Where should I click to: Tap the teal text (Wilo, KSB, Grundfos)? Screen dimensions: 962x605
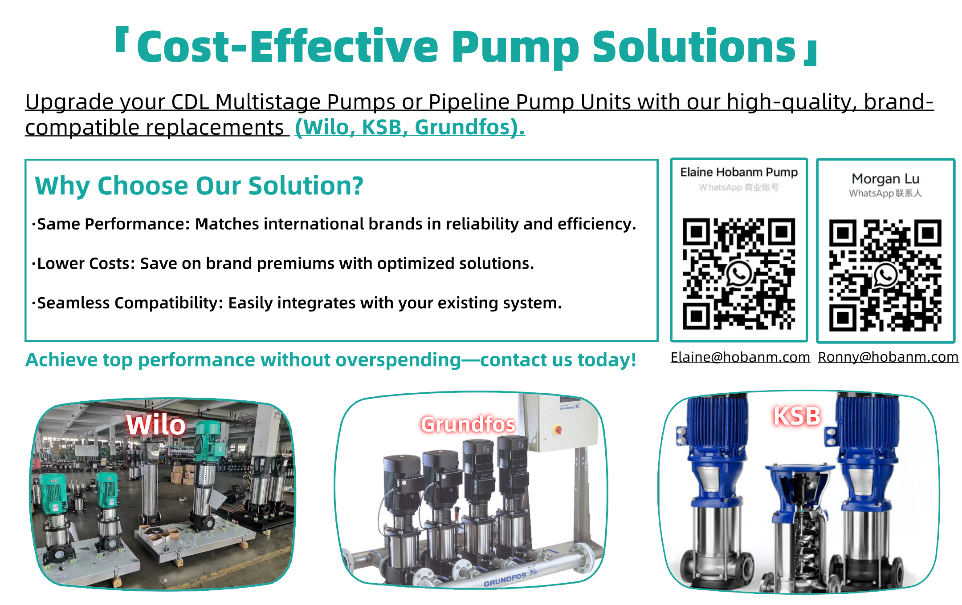point(410,127)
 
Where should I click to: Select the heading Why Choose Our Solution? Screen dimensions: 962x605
point(199,186)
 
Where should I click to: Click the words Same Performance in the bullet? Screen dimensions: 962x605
point(113,224)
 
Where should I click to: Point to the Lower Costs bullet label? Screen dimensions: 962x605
point(85,263)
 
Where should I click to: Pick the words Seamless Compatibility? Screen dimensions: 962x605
point(130,303)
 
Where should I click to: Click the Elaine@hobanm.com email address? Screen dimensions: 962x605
point(740,357)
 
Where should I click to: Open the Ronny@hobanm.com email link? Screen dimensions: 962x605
point(888,357)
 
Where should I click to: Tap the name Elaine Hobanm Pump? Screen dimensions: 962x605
point(739,172)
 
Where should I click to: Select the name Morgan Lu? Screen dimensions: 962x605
point(885,179)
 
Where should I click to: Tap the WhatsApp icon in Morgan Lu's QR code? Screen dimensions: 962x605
point(885,275)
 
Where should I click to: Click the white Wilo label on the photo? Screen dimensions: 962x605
point(156,424)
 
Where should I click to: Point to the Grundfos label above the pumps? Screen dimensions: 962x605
point(468,424)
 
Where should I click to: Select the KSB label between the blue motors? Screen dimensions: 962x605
point(797,416)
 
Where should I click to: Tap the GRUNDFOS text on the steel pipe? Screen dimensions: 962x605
point(505,580)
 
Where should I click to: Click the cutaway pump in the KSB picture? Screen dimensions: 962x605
point(799,525)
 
